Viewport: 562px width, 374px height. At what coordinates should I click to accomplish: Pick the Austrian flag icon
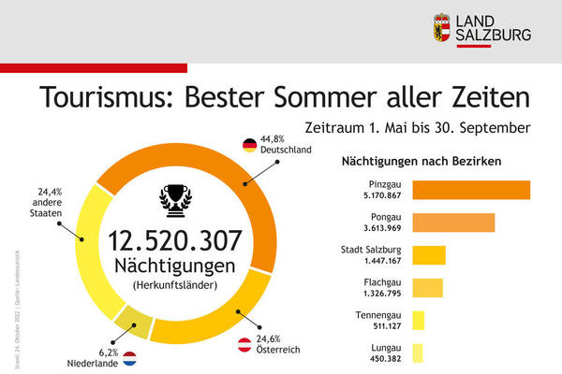click(x=245, y=344)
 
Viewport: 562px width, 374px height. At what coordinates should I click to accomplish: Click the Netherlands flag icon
click(x=129, y=356)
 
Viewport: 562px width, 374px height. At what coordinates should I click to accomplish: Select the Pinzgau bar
click(x=471, y=190)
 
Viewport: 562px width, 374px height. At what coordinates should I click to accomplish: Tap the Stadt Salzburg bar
click(x=429, y=254)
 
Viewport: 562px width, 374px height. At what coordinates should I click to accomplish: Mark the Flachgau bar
click(x=427, y=287)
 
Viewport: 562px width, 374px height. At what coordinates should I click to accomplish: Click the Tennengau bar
click(x=418, y=320)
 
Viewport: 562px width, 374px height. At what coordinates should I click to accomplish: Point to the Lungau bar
click(x=417, y=352)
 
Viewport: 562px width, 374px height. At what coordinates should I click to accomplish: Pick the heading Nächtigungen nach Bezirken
click(x=421, y=160)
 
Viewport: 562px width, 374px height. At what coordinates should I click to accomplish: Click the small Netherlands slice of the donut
click(x=133, y=323)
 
